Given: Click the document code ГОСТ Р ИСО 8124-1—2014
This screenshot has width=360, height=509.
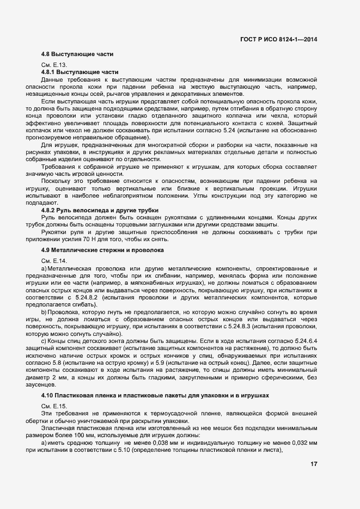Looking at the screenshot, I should [x=279, y=39].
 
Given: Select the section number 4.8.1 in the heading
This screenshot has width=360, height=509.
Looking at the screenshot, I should [x=49, y=72].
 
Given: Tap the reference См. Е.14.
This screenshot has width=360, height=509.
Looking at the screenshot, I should [x=54, y=261].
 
